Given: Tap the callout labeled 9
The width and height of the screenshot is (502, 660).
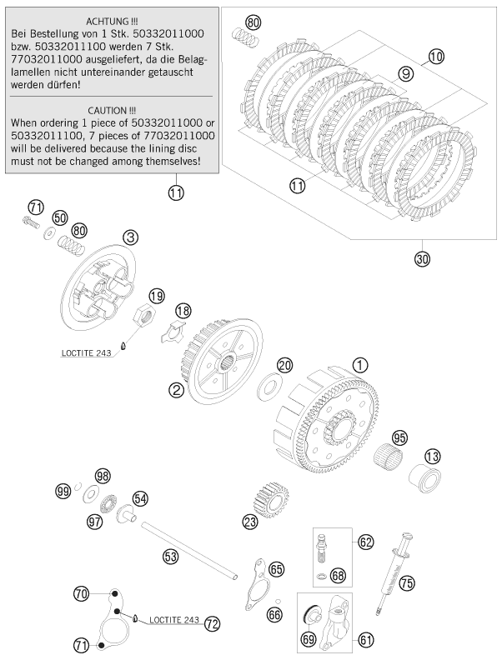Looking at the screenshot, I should click(406, 74).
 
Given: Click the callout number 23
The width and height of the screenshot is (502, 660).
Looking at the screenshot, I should click(249, 522).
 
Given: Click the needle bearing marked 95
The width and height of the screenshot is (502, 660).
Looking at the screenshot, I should click(394, 456).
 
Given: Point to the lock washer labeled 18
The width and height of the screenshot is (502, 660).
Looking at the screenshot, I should click(173, 328).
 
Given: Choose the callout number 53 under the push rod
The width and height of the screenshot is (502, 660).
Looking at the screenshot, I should click(170, 556).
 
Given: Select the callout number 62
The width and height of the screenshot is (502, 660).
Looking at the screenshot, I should click(364, 542).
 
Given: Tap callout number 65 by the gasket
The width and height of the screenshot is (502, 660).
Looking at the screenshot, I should click(276, 569).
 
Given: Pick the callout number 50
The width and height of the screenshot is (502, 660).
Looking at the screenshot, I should click(59, 217).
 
